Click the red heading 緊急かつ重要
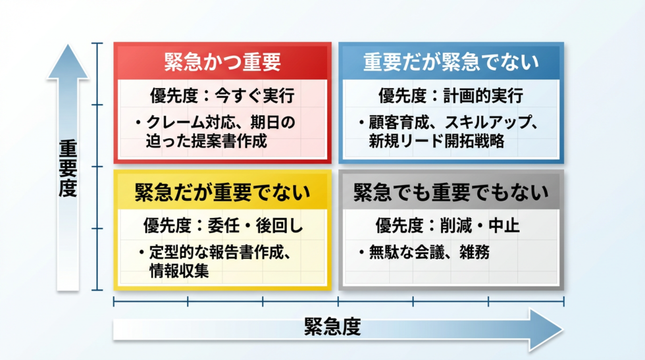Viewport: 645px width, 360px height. pyautogui.click(x=222, y=62)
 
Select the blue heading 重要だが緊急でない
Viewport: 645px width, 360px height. pyautogui.click(x=451, y=62)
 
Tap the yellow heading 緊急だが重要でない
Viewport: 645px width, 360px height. pyautogui.click(x=222, y=192)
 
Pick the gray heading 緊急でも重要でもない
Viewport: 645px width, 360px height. pyautogui.click(x=451, y=192)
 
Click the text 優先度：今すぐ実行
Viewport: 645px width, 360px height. pyautogui.click(x=222, y=96)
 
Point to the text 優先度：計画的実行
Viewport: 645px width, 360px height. pyautogui.click(x=451, y=96)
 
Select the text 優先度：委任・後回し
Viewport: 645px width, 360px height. pyautogui.click(x=223, y=226)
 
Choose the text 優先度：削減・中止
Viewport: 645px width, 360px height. pyautogui.click(x=448, y=226)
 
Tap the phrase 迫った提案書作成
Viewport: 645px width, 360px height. pyautogui.click(x=207, y=141)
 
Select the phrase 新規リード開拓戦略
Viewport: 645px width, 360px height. pyautogui.click(x=436, y=141)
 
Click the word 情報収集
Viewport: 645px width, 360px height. pyautogui.click(x=179, y=270)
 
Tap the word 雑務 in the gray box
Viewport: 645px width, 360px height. pyautogui.click(x=475, y=252)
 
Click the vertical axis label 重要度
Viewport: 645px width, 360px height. pyautogui.click(x=68, y=168)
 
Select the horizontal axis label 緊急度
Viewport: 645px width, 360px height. pyautogui.click(x=332, y=327)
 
